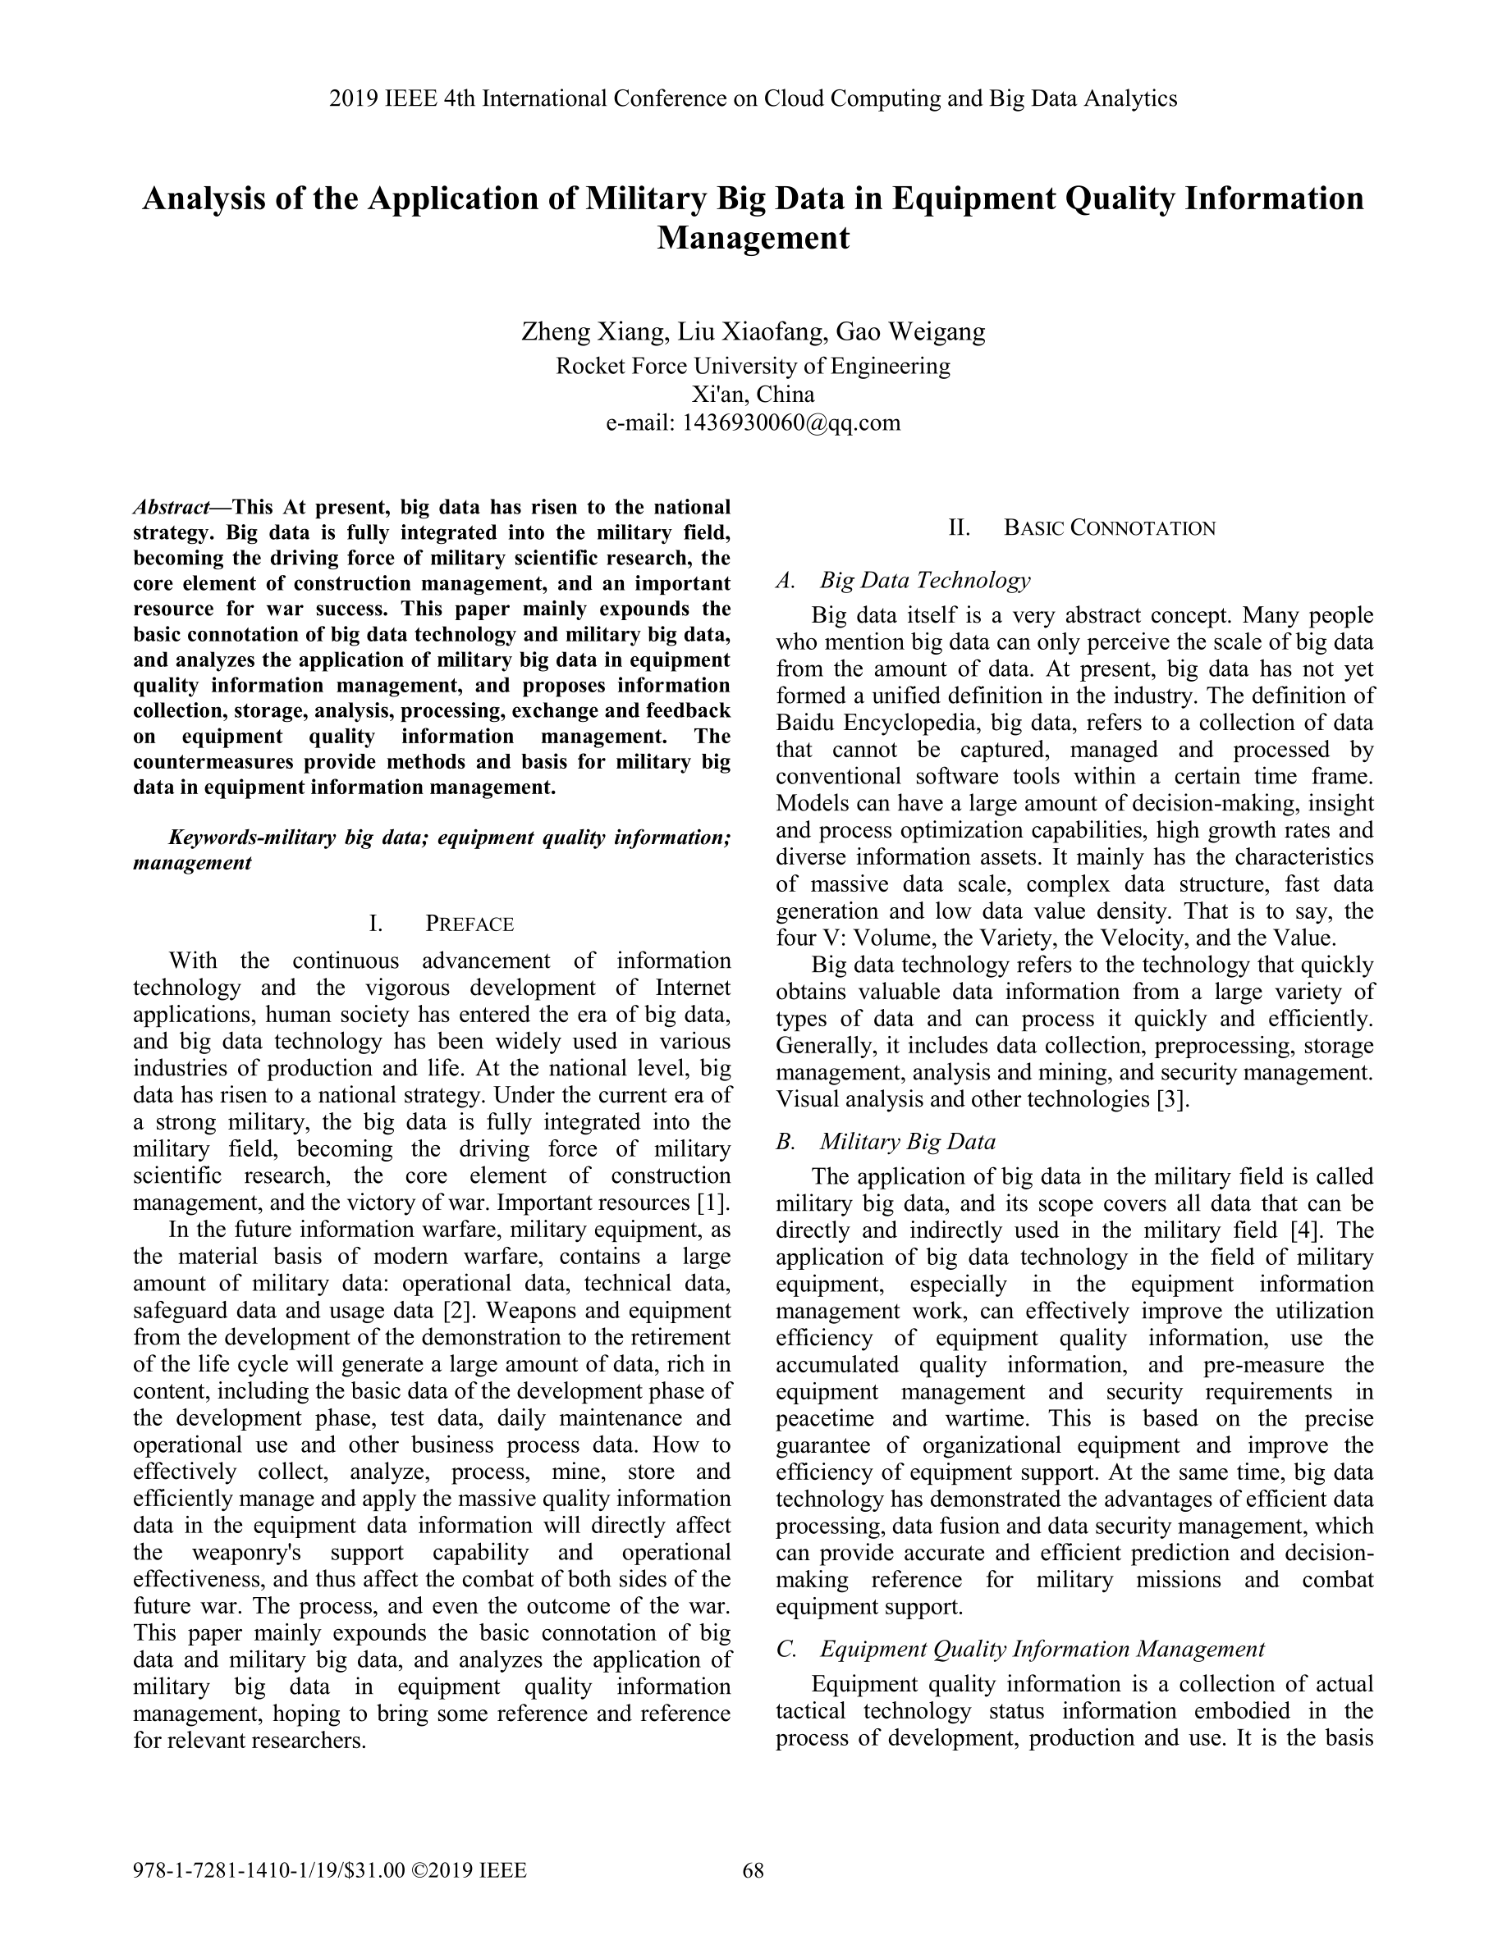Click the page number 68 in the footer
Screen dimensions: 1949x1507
click(x=753, y=1869)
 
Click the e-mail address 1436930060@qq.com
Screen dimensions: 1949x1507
click(x=791, y=422)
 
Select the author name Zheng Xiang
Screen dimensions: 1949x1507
click(x=593, y=332)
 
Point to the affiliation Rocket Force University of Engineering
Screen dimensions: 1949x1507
click(x=753, y=366)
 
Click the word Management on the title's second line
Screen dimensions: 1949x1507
click(x=753, y=238)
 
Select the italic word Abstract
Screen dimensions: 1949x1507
click(x=170, y=508)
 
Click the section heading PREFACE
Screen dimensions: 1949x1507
click(x=469, y=924)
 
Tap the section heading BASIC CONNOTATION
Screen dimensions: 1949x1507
click(x=1109, y=528)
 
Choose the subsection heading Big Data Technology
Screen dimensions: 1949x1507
click(x=925, y=581)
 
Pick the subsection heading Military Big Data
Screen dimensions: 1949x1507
click(x=907, y=1141)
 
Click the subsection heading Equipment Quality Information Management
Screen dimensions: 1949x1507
click(x=1042, y=1649)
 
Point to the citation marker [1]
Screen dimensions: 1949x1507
click(x=712, y=1202)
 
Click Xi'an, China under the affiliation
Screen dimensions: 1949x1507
click(x=753, y=395)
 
